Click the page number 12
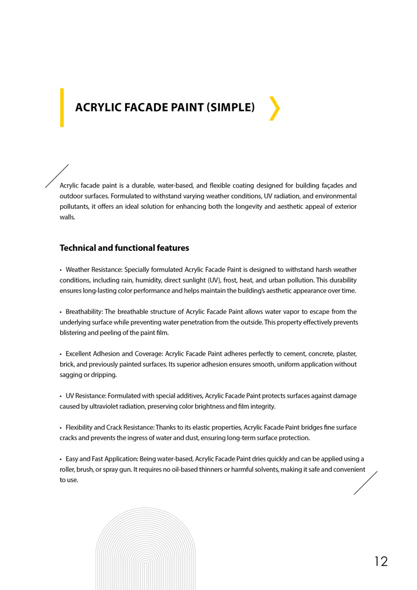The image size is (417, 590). [381, 561]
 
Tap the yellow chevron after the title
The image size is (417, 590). [274, 109]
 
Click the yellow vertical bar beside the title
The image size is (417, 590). [62, 107]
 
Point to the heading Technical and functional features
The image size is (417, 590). [124, 248]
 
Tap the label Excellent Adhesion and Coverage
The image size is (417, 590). [113, 353]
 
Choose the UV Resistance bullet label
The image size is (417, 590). [85, 396]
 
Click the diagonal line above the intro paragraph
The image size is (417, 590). [57, 176]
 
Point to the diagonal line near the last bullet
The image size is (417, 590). [365, 483]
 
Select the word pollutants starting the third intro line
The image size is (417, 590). [74, 206]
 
